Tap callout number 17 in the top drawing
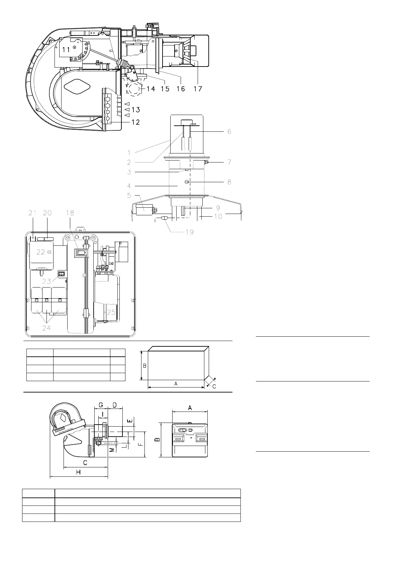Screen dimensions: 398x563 coord(198,89)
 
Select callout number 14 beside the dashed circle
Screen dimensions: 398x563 coord(151,89)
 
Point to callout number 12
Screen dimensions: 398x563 coord(135,122)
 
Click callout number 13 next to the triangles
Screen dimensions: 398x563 coord(135,110)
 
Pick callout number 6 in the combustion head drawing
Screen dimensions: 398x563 coord(229,132)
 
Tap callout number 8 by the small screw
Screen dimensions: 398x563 coord(229,182)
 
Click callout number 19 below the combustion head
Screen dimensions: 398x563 coord(190,232)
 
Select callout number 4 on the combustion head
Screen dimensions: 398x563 coord(129,186)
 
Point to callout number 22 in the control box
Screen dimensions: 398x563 coord(41,252)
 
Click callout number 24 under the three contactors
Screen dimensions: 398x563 coord(46,328)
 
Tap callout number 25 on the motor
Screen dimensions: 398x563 coord(111,312)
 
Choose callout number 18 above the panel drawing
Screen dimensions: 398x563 coord(70,213)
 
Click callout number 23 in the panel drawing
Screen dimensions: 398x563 coord(46,281)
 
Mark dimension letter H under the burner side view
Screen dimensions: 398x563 coord(78,472)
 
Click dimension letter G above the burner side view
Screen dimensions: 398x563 coord(100,405)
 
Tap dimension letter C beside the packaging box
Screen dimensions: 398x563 coord(214,386)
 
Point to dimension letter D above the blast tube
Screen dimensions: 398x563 coord(115,405)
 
